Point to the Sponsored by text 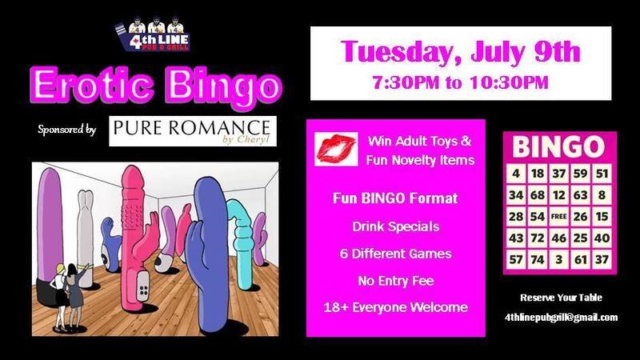point(67,130)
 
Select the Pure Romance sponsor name point(191,127)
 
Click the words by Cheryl point(246,139)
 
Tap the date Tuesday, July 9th point(461,51)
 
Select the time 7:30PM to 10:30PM point(461,82)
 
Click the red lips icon point(336,150)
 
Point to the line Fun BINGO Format point(395,198)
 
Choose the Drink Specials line point(395,226)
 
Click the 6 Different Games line point(395,254)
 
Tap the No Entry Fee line point(395,281)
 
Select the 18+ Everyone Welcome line point(395,307)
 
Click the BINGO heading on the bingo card point(558,146)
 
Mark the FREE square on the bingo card point(558,216)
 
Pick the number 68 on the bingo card point(537,195)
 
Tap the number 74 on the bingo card point(537,259)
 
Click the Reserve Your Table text point(561,298)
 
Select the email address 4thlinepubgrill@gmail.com point(562,318)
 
